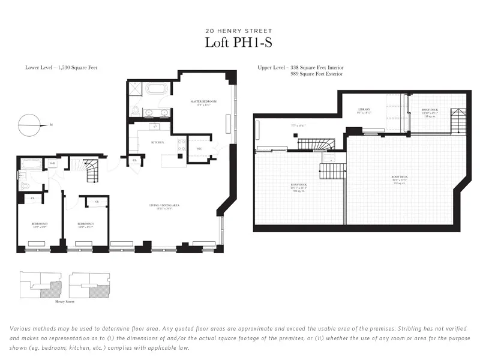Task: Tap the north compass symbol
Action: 30,126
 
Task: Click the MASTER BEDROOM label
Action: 203,102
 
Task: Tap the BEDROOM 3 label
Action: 85,224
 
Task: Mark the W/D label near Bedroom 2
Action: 52,163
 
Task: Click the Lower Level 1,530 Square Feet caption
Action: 61,68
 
